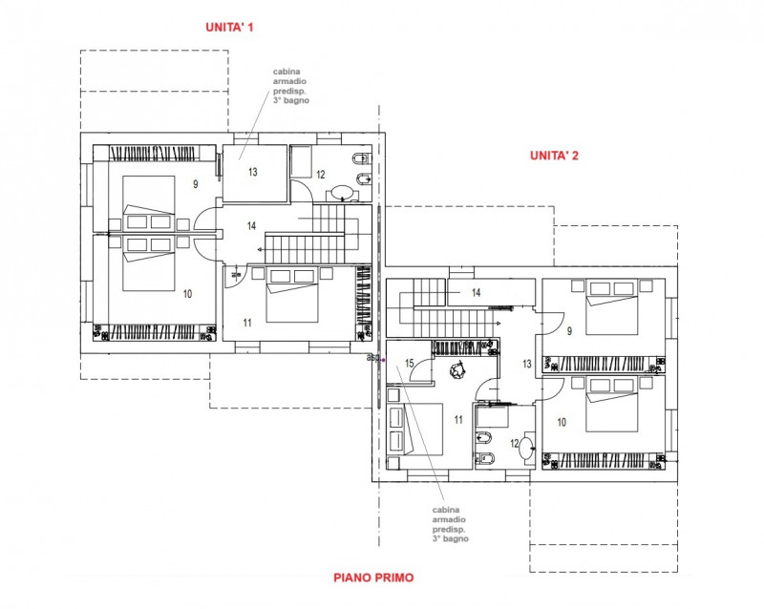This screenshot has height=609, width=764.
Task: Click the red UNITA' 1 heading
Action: tap(230, 28)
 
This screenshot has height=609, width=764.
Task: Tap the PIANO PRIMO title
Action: tap(373, 577)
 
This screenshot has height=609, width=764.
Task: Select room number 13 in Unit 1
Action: tap(253, 173)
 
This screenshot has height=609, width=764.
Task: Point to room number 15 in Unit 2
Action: tap(409, 364)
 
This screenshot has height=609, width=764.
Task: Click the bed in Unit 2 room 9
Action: tap(611, 308)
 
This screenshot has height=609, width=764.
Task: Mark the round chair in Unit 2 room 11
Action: tap(457, 369)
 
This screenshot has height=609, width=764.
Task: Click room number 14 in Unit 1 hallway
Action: tap(251, 226)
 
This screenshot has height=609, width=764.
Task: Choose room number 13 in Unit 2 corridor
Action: tap(526, 364)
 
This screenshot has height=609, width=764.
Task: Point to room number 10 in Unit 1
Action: tap(186, 293)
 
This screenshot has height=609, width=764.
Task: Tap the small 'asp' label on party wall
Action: tap(372, 358)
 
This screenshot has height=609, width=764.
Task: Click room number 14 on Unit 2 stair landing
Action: tap(475, 293)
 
